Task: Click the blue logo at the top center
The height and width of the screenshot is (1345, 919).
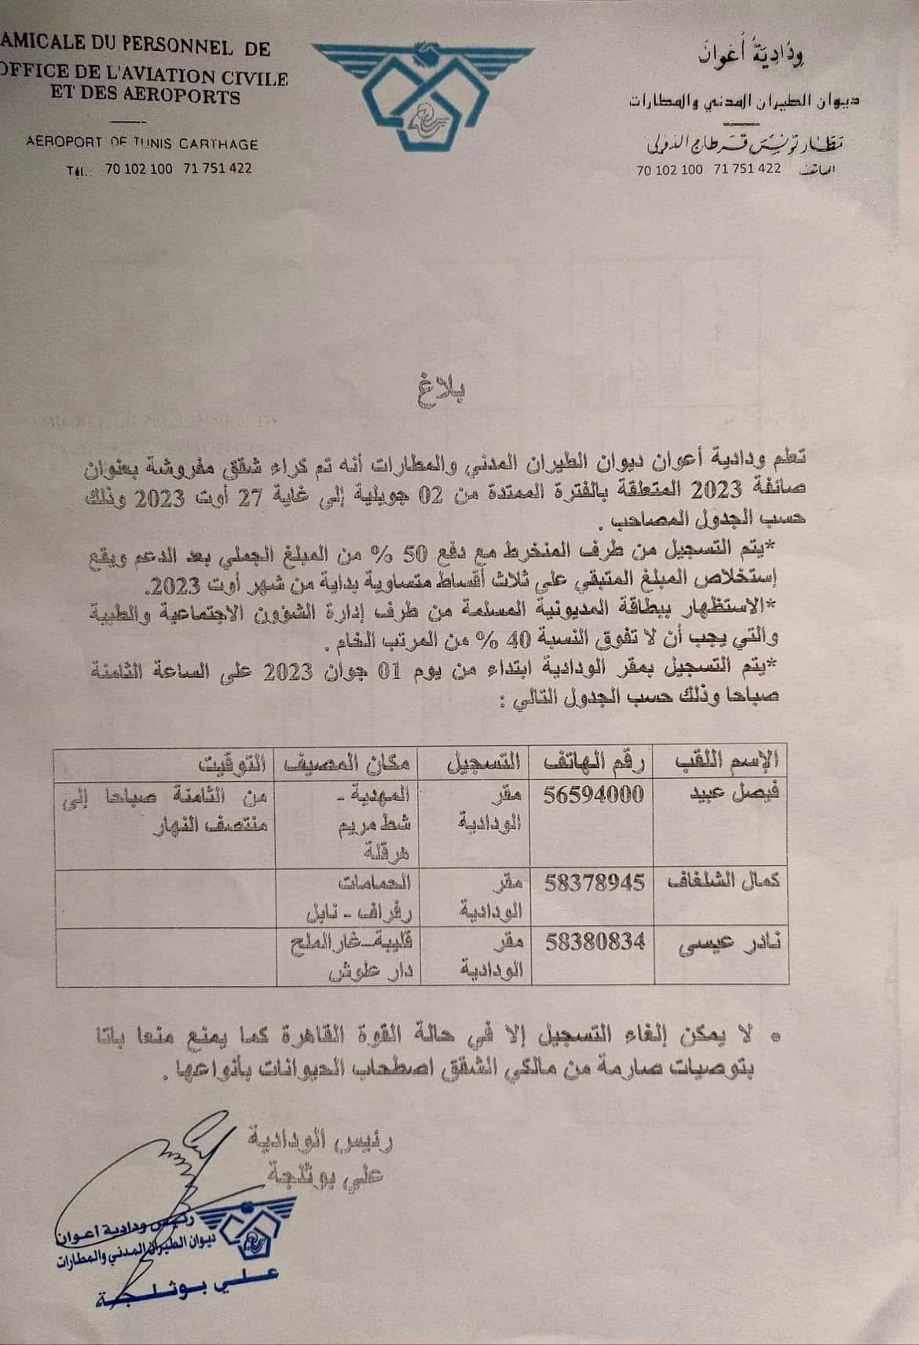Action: pyautogui.click(x=422, y=92)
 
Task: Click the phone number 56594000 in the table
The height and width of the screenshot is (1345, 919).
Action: pyautogui.click(x=594, y=794)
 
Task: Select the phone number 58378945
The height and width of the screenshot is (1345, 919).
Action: pyautogui.click(x=595, y=882)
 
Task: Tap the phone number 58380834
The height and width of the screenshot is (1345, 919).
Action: pyautogui.click(x=595, y=941)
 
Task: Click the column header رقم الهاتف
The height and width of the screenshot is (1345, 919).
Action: pyautogui.click(x=594, y=760)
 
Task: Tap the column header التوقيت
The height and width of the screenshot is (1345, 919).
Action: pyautogui.click(x=232, y=762)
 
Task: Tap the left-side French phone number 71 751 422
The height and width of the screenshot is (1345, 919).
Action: pyautogui.click(x=218, y=168)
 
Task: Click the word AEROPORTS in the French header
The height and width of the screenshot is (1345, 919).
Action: pyautogui.click(x=189, y=97)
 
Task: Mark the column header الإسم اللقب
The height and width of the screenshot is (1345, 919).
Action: pyautogui.click(x=727, y=760)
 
